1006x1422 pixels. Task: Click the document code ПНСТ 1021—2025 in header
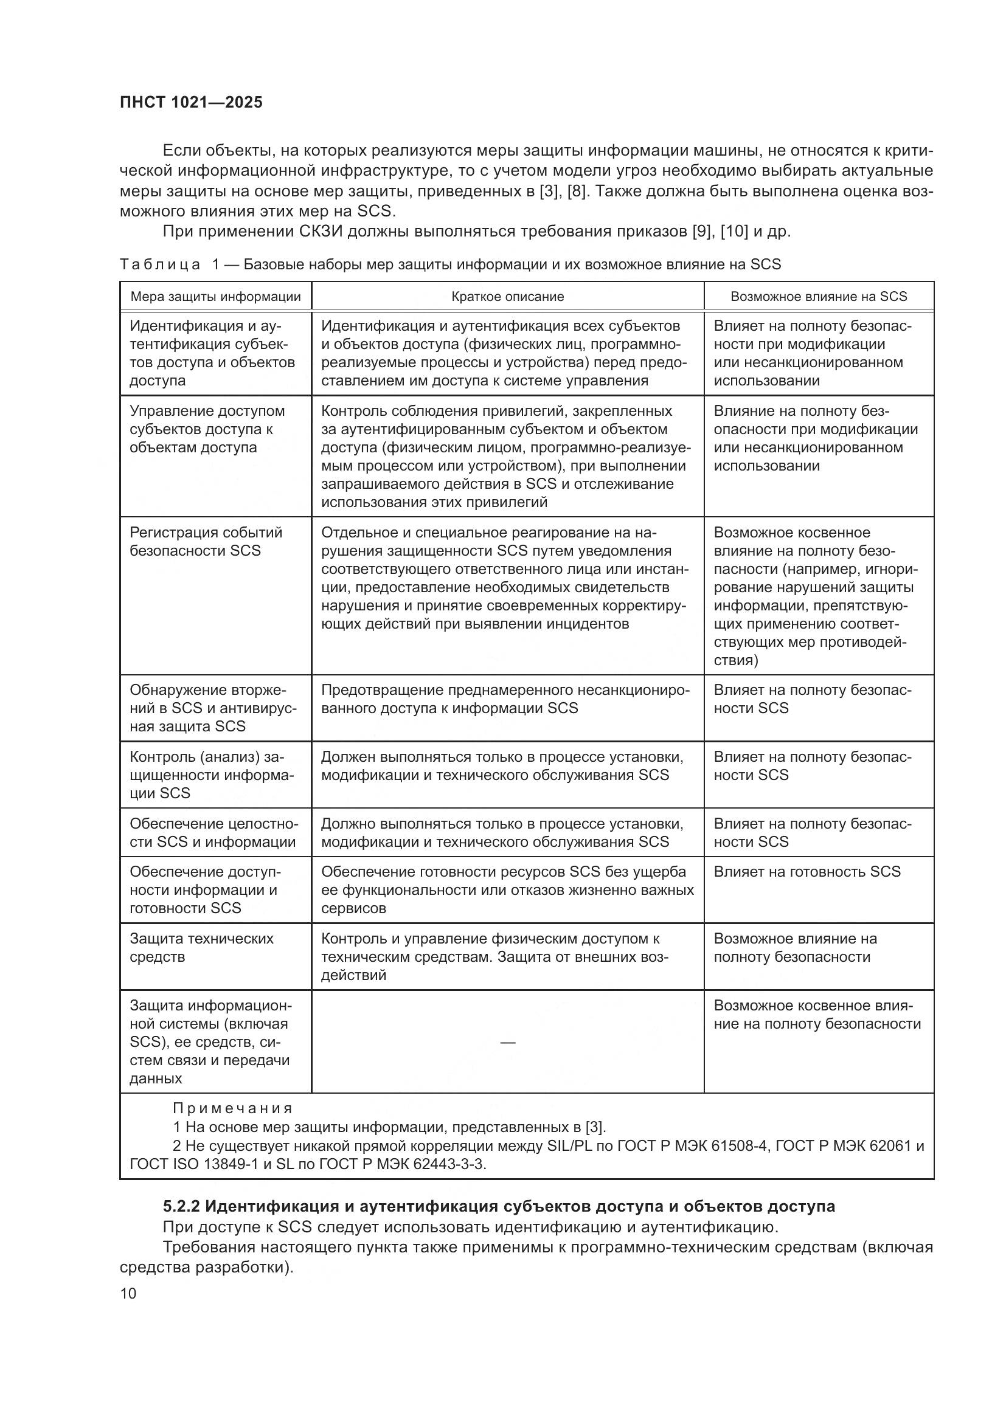coord(191,102)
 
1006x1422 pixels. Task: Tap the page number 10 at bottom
coord(128,1293)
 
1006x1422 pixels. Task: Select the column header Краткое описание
coord(507,297)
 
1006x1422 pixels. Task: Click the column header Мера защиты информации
coord(215,297)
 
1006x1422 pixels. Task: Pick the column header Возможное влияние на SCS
coord(818,297)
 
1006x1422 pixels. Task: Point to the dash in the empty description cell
coord(507,1043)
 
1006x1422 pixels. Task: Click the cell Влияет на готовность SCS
coord(807,872)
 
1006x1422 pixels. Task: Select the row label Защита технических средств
coord(201,948)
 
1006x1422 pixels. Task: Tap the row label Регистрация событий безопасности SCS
coord(206,542)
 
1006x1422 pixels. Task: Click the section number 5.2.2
coord(181,1206)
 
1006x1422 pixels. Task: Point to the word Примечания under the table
coord(232,1108)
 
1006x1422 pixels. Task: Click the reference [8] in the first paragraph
coord(576,192)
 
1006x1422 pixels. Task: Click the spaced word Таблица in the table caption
coord(160,265)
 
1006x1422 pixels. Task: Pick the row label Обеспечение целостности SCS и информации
coord(212,833)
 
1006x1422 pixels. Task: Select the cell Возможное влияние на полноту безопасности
coord(795,948)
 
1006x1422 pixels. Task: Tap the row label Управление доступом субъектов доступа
coord(207,429)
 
